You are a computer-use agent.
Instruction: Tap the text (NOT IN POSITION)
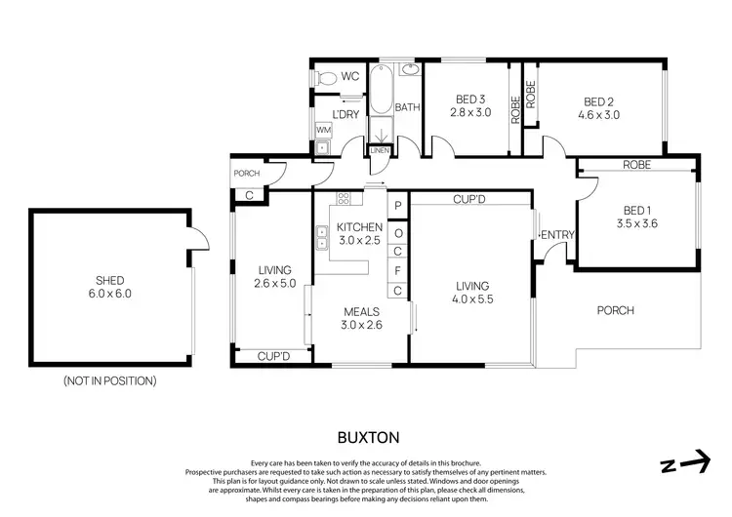(x=109, y=380)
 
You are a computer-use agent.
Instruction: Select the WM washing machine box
(x=323, y=129)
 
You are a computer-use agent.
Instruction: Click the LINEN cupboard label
(x=379, y=149)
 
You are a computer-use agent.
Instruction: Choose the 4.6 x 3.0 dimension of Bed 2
(x=601, y=114)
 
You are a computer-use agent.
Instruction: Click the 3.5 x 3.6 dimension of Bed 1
(x=636, y=223)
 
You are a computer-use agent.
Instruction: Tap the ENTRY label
(x=558, y=234)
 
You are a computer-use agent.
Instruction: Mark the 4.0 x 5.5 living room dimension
(x=472, y=299)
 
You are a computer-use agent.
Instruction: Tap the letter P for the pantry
(x=398, y=206)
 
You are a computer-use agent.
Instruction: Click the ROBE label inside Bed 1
(x=636, y=166)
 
